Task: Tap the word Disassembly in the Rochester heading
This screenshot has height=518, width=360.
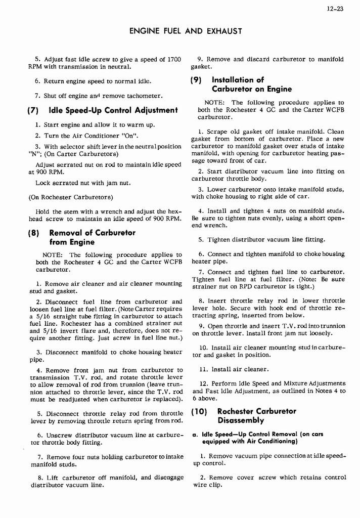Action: (x=241, y=421)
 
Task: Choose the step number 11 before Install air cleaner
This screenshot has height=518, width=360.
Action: (x=204, y=370)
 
